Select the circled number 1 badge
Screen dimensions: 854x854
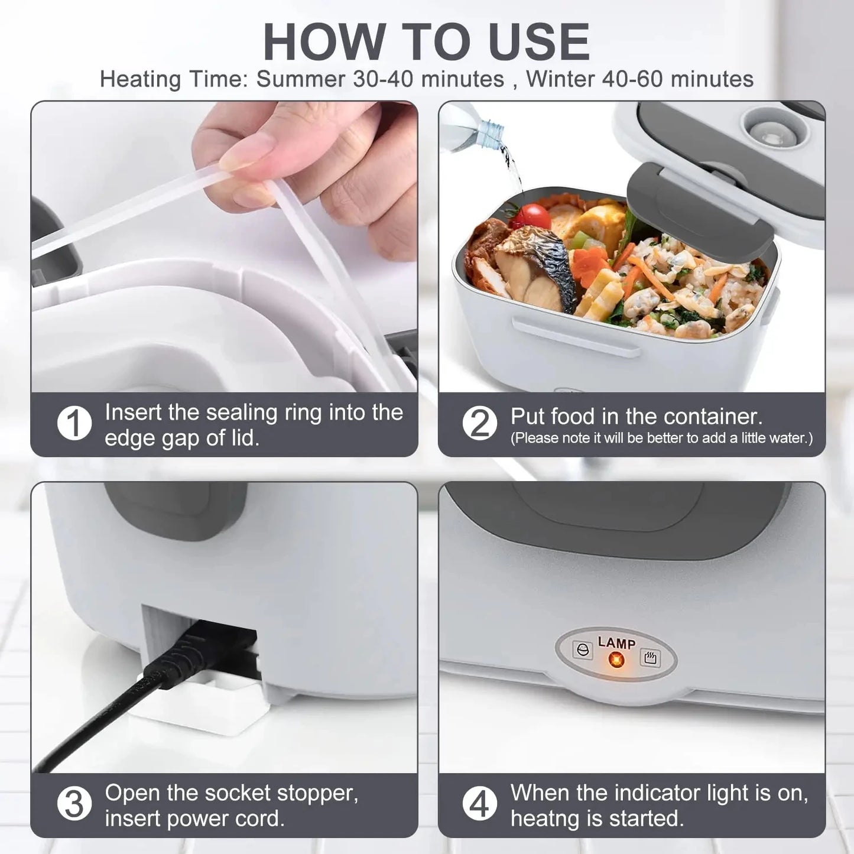74,423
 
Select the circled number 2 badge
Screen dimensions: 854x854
479,423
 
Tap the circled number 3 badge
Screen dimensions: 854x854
74,804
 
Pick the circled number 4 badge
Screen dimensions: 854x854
479,804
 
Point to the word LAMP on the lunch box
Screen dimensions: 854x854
616,642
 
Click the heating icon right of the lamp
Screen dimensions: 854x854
650,657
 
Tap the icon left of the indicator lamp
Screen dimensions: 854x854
583,650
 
